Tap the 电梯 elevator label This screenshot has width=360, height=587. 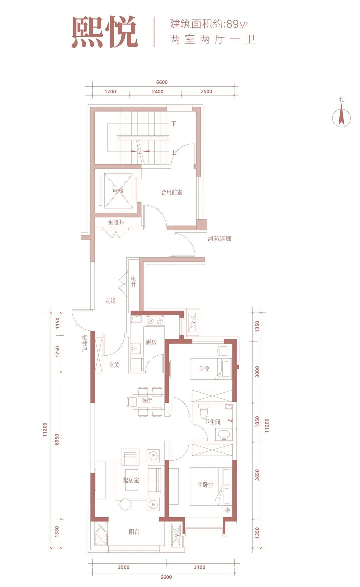point(118,191)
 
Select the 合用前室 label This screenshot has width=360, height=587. point(172,192)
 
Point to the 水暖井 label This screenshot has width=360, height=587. point(116,222)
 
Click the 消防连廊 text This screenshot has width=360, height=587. point(219,239)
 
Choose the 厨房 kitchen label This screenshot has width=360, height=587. point(151,342)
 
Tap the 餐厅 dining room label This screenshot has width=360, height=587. point(147,400)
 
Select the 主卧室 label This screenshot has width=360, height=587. point(205,485)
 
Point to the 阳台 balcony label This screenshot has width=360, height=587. point(134,532)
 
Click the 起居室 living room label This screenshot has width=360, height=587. point(131,480)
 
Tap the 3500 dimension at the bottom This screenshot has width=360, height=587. point(124,567)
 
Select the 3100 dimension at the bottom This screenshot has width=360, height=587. point(200,567)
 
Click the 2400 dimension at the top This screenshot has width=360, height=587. point(158,92)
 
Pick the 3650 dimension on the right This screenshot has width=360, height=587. point(257,475)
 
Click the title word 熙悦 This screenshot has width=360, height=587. point(105,32)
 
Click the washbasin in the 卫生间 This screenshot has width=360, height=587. point(223,435)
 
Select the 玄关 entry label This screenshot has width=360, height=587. point(114,365)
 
